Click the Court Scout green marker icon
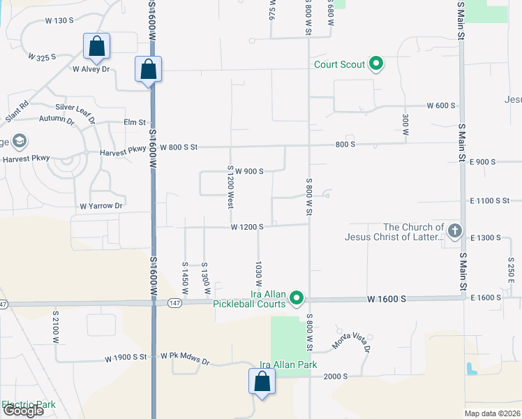click(x=376, y=65)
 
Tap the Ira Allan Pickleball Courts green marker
click(x=297, y=299)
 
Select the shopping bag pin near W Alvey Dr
click(x=96, y=47)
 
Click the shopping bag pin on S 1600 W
click(x=148, y=69)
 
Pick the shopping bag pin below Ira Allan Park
click(x=262, y=381)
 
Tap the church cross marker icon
click(x=454, y=231)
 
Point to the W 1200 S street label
click(x=247, y=227)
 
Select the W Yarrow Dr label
click(x=101, y=206)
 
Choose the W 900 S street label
click(x=248, y=171)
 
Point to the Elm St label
click(x=134, y=122)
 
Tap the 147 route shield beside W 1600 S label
click(x=175, y=302)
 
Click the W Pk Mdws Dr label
click(x=185, y=360)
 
